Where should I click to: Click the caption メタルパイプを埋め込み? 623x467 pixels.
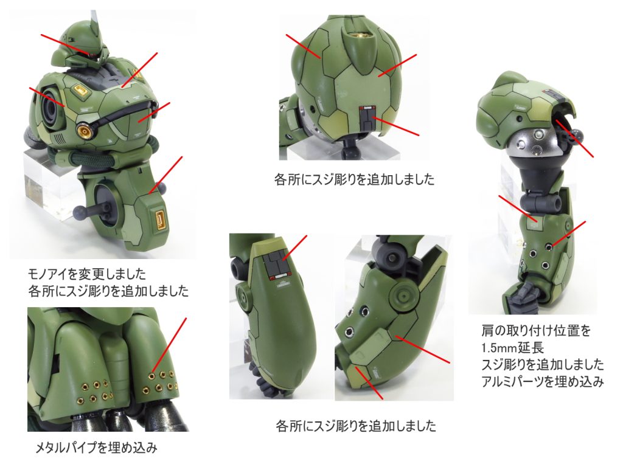point(97,448)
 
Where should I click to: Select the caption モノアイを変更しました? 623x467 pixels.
point(87,274)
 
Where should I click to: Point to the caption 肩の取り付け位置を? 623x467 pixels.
point(536,330)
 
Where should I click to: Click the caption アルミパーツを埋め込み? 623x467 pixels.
point(542,382)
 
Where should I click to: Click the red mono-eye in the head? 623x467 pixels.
point(92,53)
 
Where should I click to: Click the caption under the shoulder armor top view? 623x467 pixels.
point(355,179)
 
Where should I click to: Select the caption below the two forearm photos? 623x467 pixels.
point(356,426)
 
